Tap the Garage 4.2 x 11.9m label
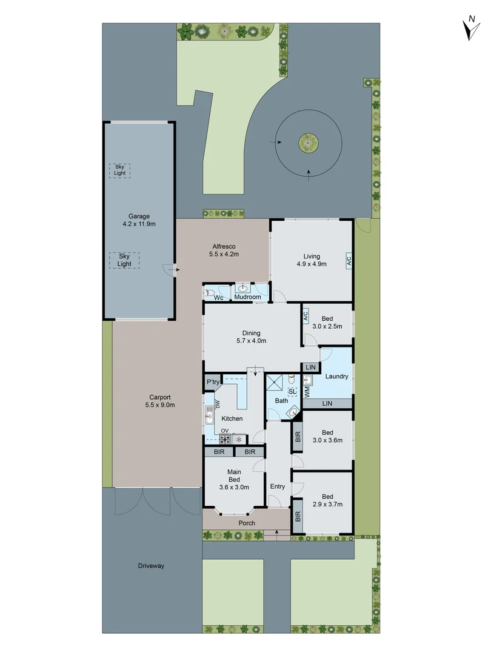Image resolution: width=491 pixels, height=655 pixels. (138, 220)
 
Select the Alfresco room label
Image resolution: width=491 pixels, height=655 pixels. (223, 250)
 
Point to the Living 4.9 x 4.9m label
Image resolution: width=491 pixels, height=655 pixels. (312, 260)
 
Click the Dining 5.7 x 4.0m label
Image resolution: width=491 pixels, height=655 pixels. (251, 337)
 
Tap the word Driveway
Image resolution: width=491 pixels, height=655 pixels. (151, 566)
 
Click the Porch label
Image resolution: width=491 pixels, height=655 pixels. (247, 523)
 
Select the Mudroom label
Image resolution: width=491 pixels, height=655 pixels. (247, 297)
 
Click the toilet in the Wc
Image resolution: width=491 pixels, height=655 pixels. (210, 292)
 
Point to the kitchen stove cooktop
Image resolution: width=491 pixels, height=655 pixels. (224, 439)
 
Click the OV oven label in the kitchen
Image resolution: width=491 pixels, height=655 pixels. (224, 431)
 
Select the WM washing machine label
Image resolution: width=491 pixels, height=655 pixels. (307, 392)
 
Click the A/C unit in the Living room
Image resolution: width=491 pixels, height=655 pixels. (349, 260)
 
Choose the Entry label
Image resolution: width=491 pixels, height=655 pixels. (277, 486)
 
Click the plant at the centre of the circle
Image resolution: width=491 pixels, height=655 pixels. (308, 144)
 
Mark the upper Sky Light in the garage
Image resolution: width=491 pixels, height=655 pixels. (119, 170)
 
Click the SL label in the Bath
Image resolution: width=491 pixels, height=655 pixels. (292, 392)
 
